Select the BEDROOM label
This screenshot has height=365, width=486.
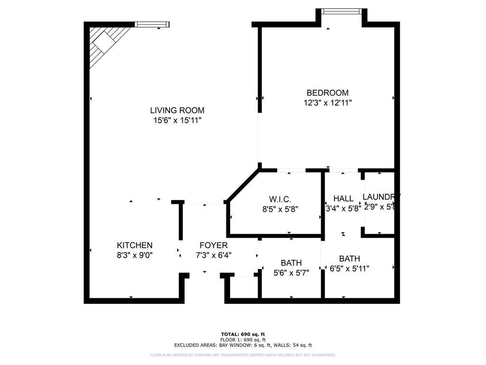[x=327, y=93]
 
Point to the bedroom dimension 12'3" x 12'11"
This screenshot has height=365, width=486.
[x=327, y=102]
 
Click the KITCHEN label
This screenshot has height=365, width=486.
[x=135, y=245]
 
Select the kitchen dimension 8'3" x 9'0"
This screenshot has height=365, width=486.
[x=135, y=255]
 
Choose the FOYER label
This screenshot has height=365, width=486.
[x=213, y=245]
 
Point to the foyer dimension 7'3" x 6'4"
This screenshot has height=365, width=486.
[x=213, y=255]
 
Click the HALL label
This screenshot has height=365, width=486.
[x=343, y=199]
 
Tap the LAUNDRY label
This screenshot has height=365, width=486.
[x=381, y=197]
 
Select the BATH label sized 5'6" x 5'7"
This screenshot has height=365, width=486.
[x=291, y=263]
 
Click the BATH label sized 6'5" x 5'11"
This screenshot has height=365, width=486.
[x=349, y=259]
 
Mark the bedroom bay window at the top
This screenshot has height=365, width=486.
[x=342, y=11]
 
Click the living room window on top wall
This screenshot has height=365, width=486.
[x=152, y=24]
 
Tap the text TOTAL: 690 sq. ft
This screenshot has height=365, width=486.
[x=243, y=334]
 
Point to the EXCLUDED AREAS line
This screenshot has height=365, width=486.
[x=243, y=346]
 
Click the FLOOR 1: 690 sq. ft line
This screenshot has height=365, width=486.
[x=243, y=340]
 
